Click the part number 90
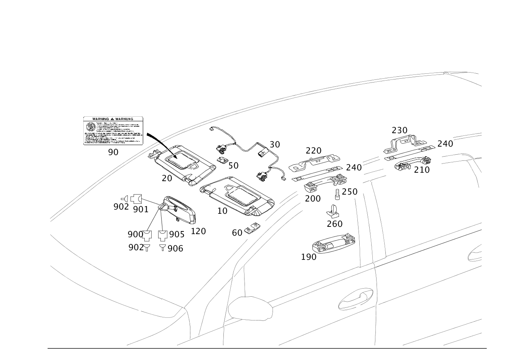[113, 152]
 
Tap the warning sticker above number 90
[113, 130]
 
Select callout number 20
[167, 178]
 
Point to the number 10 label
[222, 211]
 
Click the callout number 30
[275, 145]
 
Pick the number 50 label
[233, 166]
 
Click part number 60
[237, 233]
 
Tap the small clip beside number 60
[253, 228]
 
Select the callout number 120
[198, 231]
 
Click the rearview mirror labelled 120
[180, 209]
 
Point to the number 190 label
[309, 257]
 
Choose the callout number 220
[313, 151]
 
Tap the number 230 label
[399, 130]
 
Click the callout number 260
[334, 224]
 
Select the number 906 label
[175, 249]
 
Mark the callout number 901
[140, 209]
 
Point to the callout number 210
[421, 170]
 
